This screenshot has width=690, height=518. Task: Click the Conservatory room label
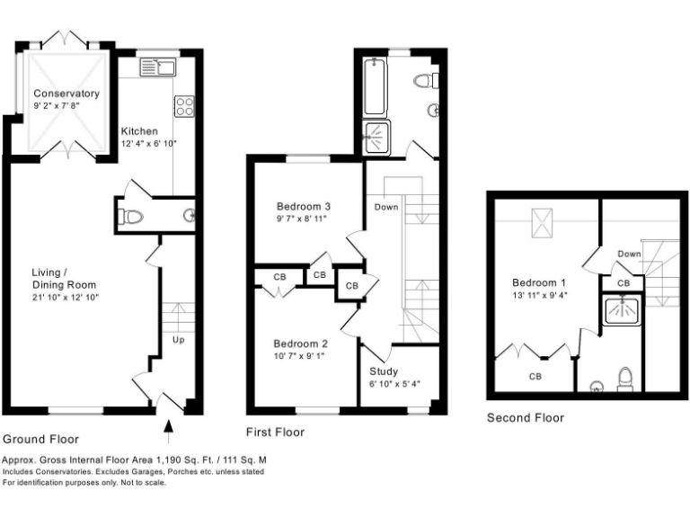pos(66,94)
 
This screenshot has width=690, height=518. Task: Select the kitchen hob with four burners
pos(184,107)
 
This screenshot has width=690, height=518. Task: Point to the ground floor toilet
pos(132,217)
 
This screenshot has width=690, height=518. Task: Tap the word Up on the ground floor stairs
pos(178,340)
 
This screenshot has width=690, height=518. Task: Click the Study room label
pos(384,371)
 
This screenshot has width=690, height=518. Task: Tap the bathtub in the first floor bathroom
pos(374,86)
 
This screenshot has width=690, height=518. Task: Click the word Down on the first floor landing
pos(386,207)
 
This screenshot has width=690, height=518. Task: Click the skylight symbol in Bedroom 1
pos(542,220)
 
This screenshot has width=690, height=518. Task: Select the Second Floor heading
pos(526,417)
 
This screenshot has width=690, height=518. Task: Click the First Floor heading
pos(275,433)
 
